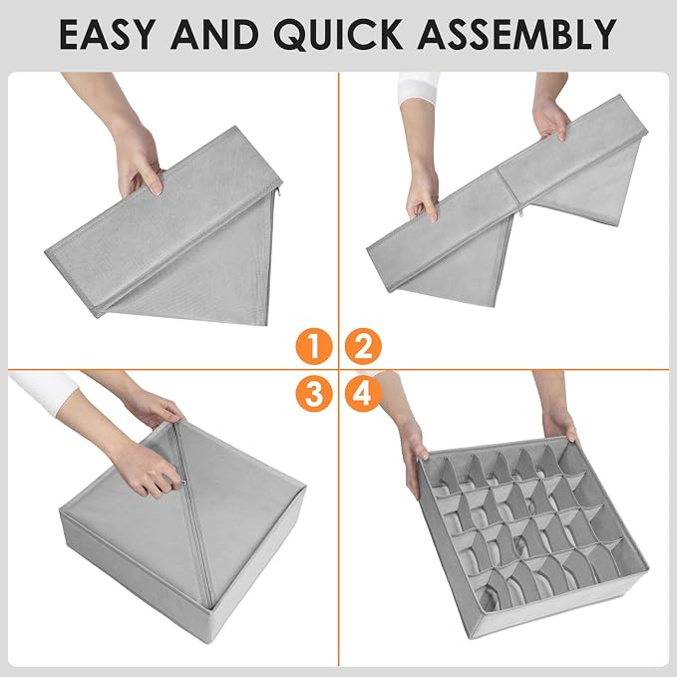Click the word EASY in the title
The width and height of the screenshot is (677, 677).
tap(107, 34)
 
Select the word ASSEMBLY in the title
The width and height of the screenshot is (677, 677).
tap(516, 34)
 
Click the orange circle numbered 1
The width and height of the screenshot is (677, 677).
tap(314, 346)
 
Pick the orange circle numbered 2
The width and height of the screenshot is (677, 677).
tap(363, 346)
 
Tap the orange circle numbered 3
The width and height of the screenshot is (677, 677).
tap(314, 393)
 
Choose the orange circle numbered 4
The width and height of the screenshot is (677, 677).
tap(363, 393)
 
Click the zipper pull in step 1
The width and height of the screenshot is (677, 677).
tap(279, 190)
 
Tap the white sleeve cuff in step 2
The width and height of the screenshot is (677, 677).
tap(419, 88)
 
